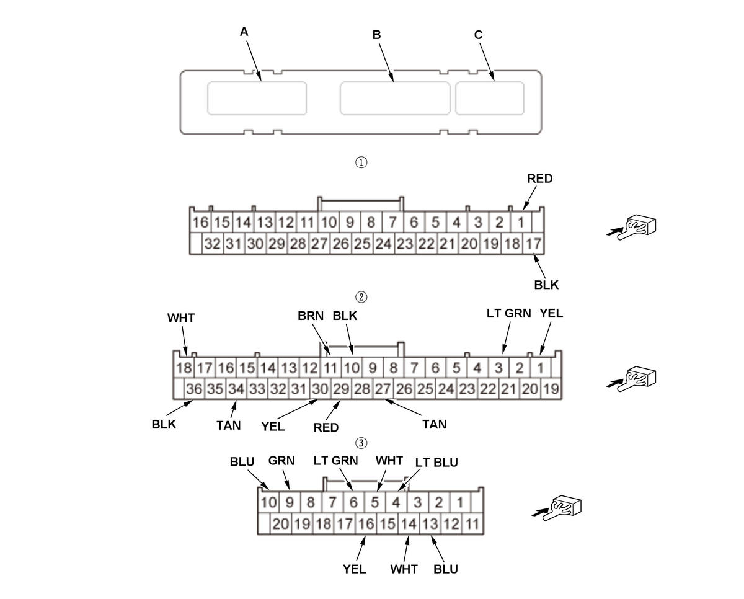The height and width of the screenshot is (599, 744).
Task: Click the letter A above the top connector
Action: (244, 32)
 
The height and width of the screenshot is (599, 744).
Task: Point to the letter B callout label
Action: (376, 35)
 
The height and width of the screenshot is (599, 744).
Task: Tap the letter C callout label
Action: (478, 35)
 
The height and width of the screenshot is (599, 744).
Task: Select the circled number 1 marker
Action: (361, 162)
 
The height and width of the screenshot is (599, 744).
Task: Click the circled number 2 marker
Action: (361, 296)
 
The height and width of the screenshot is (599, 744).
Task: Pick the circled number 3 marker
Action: (361, 443)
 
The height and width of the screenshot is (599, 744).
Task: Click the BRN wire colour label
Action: (310, 316)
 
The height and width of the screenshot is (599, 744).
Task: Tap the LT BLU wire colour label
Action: (436, 463)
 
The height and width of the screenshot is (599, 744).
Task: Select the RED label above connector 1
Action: (539, 179)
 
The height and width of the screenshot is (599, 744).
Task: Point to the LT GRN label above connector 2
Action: (508, 314)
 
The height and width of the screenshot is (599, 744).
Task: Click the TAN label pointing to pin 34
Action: (229, 425)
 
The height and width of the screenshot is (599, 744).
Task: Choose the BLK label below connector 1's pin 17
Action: (546, 285)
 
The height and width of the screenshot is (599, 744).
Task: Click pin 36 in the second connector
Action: (195, 389)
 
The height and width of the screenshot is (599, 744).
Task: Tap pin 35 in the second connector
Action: (215, 389)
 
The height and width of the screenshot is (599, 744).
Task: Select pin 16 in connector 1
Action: (200, 222)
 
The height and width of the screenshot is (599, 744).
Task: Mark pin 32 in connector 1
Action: (212, 244)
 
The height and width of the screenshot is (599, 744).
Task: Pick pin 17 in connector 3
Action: (345, 524)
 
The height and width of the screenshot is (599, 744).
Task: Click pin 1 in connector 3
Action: (459, 502)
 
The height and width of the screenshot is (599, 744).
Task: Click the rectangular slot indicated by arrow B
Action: (394, 97)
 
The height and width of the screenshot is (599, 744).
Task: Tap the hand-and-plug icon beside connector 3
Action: (564, 507)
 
